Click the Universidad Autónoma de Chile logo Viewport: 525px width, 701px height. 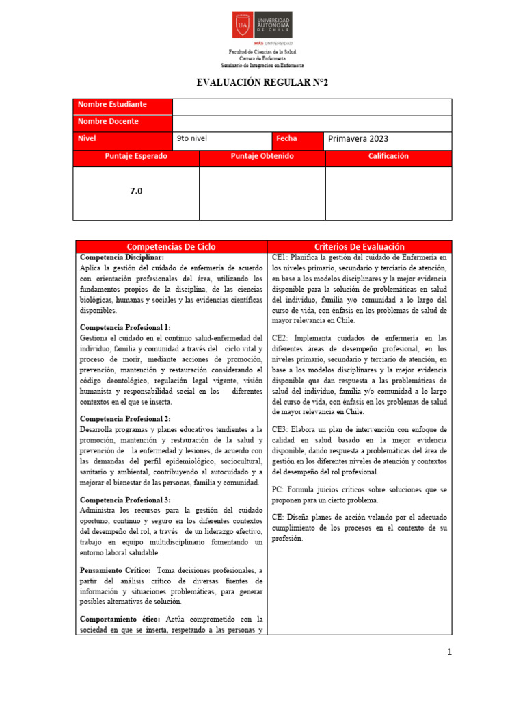(262, 26)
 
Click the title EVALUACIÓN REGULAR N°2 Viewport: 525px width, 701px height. (262, 83)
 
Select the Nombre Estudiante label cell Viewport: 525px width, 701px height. (122, 105)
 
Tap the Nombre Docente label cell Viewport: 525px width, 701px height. (122, 122)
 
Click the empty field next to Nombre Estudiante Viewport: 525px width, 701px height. (312, 107)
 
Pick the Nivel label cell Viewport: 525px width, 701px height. (122, 139)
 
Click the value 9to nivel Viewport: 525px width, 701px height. (192, 139)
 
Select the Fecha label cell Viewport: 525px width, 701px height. (297, 139)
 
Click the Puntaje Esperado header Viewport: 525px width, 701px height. (136, 157)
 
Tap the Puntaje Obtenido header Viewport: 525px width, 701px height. (262, 157)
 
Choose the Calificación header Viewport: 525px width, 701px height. (388, 157)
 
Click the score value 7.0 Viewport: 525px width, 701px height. (136, 192)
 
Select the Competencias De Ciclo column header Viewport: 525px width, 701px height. (171, 246)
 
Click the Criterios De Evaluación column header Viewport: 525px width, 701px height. (360, 246)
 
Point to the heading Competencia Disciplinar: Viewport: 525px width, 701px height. (122, 257)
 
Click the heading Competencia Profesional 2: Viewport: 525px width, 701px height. (125, 418)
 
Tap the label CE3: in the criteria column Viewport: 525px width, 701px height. (280, 429)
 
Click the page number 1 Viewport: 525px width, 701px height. (449, 652)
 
